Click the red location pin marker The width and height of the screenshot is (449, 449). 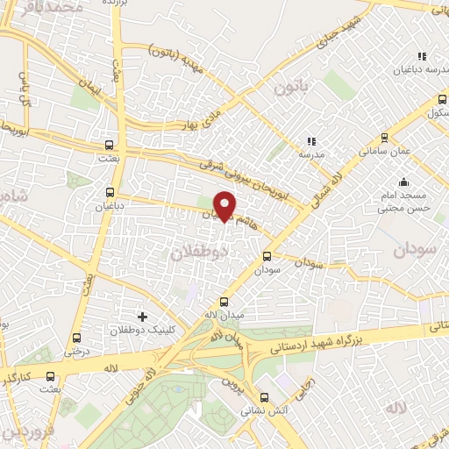(226, 206)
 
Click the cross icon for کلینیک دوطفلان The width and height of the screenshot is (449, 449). (143, 316)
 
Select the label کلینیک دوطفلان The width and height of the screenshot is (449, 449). (139, 331)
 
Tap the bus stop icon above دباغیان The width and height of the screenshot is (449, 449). (110, 192)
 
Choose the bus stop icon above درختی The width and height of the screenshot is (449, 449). (76, 338)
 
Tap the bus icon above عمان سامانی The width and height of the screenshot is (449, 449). (384, 137)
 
